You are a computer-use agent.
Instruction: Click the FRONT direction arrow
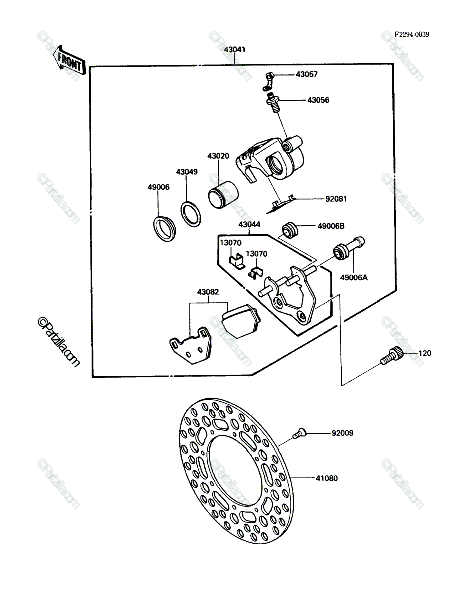pos(69,61)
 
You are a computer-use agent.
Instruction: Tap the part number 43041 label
pos(235,50)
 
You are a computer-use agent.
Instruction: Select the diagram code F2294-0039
pos(411,34)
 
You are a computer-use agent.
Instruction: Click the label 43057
pos(307,74)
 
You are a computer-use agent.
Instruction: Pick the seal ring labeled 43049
pos(191,214)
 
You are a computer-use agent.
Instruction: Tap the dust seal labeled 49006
pos(164,228)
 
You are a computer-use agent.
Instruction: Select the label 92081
pos(336,199)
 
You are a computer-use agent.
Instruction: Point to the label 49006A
pos(354,277)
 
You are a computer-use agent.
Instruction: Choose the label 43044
pos(249,224)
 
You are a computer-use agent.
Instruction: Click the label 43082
pos(208,292)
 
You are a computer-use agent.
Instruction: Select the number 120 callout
pos(425,353)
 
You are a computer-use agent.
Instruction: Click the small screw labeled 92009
pos(299,433)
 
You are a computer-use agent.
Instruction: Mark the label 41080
pos(327,478)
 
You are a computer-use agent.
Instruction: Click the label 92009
pos(342,433)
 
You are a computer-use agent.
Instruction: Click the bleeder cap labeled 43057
pos(269,81)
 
